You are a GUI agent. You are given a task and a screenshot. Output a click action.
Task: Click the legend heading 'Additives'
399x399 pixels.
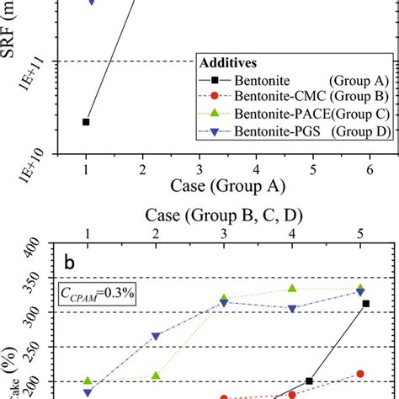click(227, 63)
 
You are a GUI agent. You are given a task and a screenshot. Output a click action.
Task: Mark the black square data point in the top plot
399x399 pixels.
click(86, 122)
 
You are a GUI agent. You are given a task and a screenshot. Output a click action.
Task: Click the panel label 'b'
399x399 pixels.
click(72, 262)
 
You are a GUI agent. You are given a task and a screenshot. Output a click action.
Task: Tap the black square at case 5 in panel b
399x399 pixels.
click(365, 303)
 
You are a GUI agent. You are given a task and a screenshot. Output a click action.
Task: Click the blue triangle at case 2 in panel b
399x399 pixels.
click(156, 337)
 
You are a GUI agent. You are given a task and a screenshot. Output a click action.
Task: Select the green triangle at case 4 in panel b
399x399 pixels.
click(292, 288)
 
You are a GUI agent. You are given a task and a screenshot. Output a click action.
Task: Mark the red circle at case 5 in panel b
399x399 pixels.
click(360, 373)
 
